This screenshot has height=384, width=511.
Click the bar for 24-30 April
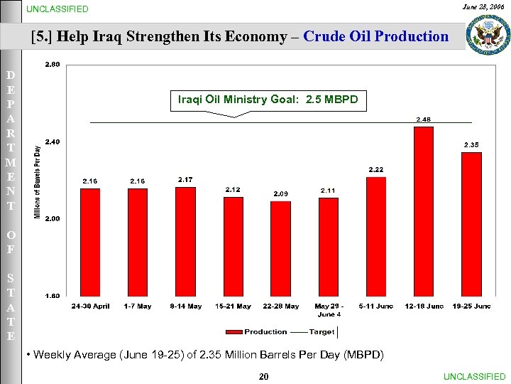pyautogui.click(x=90, y=242)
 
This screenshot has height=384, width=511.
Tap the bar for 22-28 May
pyautogui.click(x=280, y=248)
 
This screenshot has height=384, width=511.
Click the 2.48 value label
pyautogui.click(x=423, y=119)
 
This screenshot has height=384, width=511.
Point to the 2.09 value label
pyautogui.click(x=281, y=194)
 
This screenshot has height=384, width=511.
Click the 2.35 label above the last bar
pyautogui.click(x=471, y=144)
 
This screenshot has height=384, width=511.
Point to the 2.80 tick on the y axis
pyautogui.click(x=53, y=65)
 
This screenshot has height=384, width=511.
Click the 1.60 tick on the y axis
pyautogui.click(x=53, y=296)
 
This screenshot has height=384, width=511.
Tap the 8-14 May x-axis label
pyautogui.click(x=185, y=306)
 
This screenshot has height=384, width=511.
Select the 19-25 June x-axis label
pyautogui.click(x=471, y=306)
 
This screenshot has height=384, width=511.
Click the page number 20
pyautogui.click(x=263, y=376)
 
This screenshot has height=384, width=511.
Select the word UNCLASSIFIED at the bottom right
pyautogui.click(x=474, y=376)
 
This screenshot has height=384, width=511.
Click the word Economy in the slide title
pyautogui.click(x=255, y=36)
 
